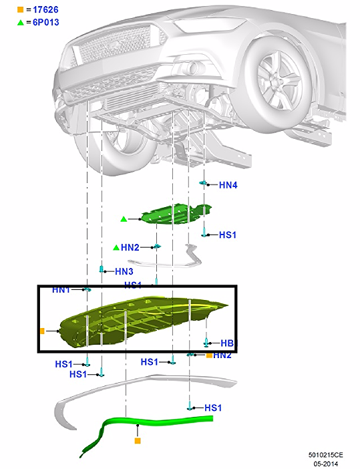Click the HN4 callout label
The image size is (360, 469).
228,185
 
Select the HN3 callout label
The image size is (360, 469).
124,271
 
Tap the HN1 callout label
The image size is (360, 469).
61,290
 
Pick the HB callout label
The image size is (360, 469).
226,343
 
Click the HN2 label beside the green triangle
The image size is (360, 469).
130,247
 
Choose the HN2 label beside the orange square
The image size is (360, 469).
222,355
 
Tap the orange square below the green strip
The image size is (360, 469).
138,441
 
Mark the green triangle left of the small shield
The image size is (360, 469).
124,219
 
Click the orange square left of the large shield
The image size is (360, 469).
42,331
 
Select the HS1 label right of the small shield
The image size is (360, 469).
228,235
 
